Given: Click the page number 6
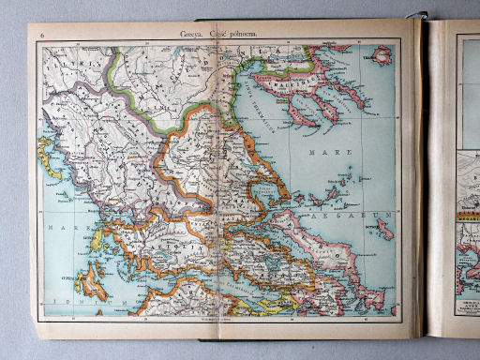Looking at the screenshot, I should point(41,36).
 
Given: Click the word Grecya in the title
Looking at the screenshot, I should point(192,35).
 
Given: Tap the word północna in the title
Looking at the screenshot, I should point(241,35).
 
